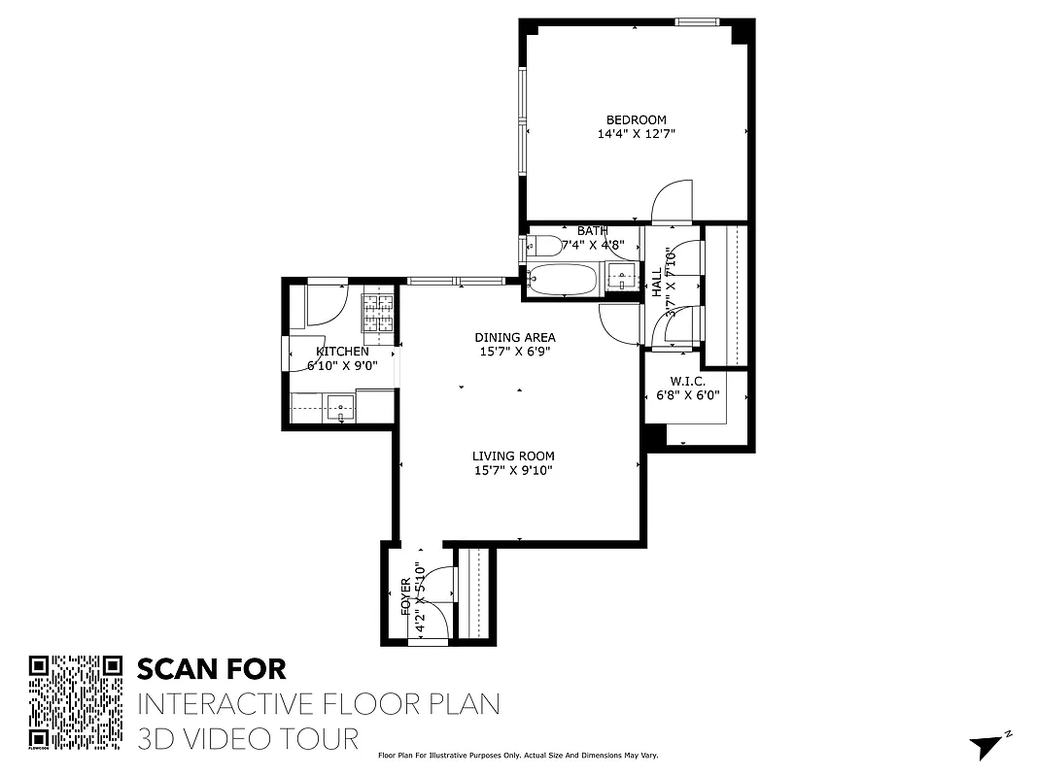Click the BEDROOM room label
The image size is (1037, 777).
(636, 120)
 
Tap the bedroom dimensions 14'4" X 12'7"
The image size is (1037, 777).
(636, 135)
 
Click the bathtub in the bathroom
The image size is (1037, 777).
(564, 281)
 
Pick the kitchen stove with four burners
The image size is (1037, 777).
(379, 312)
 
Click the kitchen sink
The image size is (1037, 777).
(340, 407)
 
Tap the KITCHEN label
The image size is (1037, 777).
(342, 352)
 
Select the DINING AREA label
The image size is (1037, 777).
(515, 338)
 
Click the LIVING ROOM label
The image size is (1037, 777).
(513, 456)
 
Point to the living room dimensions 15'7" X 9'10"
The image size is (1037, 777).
(513, 471)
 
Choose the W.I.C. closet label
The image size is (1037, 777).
(687, 382)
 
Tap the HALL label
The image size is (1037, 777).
(657, 283)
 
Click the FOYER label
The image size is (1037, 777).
(407, 597)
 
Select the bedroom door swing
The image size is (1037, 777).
(672, 200)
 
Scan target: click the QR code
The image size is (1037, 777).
(76, 702)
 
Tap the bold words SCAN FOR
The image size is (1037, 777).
(212, 669)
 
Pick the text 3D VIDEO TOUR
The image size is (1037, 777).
(248, 738)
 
